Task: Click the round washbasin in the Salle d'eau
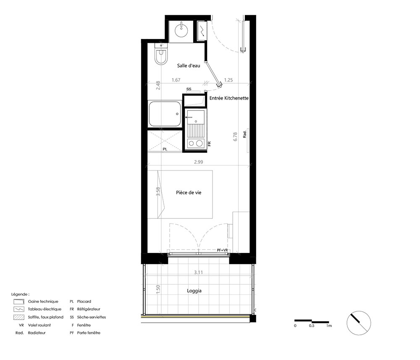coord(182,31)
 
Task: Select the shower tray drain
coord(177,114)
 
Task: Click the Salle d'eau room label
coord(189,66)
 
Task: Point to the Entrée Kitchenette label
coord(229,98)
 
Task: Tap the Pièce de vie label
coord(189,192)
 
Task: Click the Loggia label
coord(194,291)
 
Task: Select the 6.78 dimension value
coord(235,137)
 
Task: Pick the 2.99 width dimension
coord(199,162)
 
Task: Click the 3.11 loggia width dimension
coord(199,272)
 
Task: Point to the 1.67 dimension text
coord(176,80)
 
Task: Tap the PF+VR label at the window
coord(223,250)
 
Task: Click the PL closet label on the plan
coord(165,149)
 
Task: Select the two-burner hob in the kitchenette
coord(196,143)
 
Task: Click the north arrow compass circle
coord(359,323)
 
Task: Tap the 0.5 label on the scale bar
coord(312,326)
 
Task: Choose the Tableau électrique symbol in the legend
coord(19,309)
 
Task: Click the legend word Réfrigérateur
coord(89,309)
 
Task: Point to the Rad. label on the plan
coord(244,134)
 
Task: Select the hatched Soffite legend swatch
coord(19,317)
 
